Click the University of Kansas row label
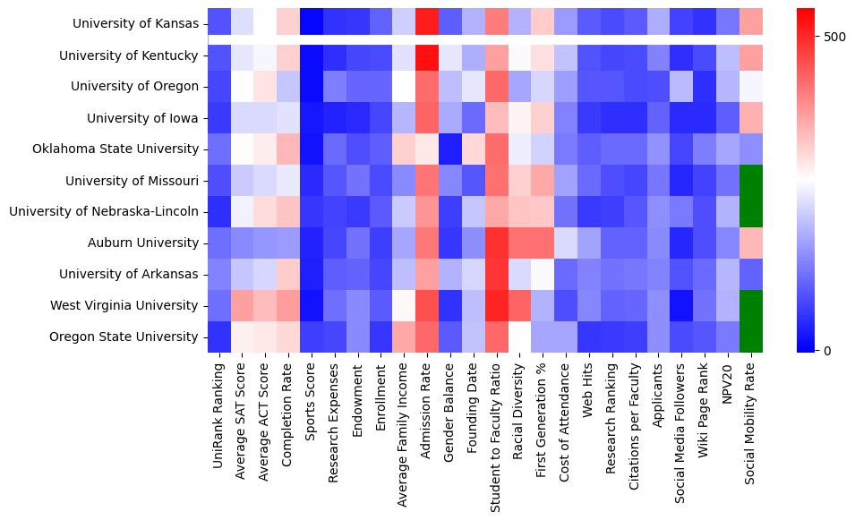135,23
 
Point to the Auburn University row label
142,243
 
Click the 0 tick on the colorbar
827,350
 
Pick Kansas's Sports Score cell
311,20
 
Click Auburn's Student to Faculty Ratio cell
497,243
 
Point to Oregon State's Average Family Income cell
404,337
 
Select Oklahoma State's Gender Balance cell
450,149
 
